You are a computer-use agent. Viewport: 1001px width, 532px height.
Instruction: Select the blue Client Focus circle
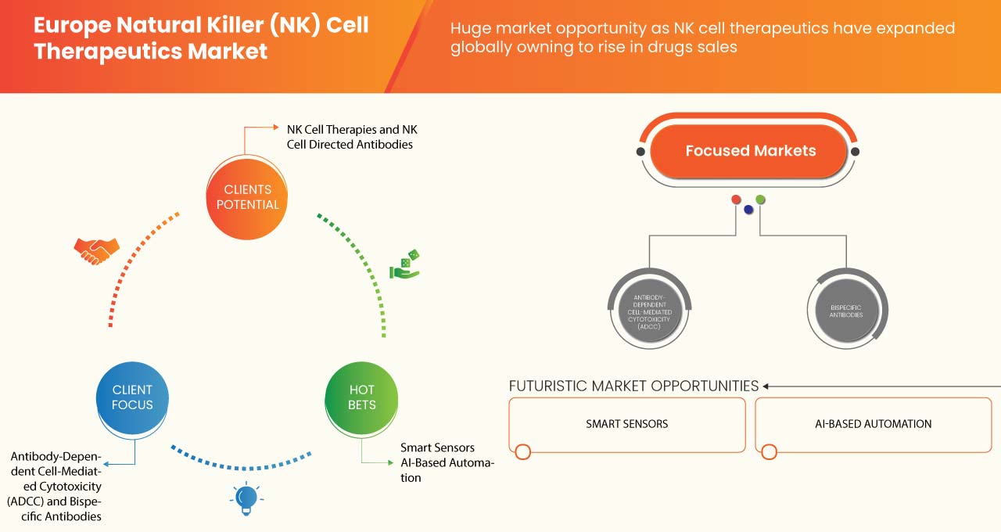tap(132, 397)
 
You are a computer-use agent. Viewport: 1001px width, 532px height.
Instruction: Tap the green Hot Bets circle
tap(361, 397)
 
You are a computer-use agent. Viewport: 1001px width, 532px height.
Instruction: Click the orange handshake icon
tap(96, 250)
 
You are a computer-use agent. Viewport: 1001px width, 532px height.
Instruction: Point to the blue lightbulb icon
tap(246, 498)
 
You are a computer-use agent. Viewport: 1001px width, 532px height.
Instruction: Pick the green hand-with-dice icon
tap(405, 265)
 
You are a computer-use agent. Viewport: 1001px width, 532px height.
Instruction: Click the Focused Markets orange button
tap(750, 151)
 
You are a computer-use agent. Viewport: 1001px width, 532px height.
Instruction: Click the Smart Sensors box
tap(627, 424)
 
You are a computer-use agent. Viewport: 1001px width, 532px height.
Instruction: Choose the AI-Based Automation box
tap(873, 424)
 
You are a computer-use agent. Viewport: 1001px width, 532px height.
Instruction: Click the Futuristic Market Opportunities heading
tap(633, 386)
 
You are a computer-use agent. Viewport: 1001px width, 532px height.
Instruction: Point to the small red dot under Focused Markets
tap(736, 199)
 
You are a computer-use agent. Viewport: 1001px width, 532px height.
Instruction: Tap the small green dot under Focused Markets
tap(760, 199)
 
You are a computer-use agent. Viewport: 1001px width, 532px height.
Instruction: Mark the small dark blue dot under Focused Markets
tap(748, 209)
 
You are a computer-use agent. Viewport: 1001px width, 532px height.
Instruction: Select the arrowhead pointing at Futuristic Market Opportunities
tap(766, 386)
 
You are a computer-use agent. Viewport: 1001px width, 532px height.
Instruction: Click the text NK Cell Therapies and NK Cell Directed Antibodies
tap(352, 137)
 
